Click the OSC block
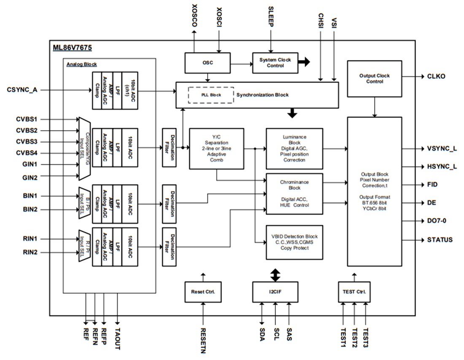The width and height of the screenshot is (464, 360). pos(207,63)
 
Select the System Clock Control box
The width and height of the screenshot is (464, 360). pos(275,63)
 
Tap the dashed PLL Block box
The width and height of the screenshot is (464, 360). pos(210,95)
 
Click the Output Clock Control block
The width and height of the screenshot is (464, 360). pos(374,79)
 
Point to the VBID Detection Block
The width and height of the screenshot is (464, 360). pos(294,242)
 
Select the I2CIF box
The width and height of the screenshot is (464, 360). pos(275,292)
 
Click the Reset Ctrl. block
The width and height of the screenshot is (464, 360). pos(203,292)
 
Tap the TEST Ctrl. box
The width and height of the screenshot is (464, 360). pos(354,292)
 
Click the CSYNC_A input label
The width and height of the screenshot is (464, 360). pos(22,90)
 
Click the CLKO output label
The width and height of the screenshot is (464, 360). pos(436,77)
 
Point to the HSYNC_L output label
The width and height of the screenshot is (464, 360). pos(442,167)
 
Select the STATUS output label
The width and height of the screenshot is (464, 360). pos(440,240)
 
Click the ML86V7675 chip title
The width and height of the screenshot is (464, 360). pos(72,47)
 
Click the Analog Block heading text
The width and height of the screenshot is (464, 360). pos(81,64)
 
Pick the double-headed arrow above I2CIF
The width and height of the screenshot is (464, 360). pos(275,275)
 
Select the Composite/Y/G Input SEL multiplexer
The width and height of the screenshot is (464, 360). pos(85,148)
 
